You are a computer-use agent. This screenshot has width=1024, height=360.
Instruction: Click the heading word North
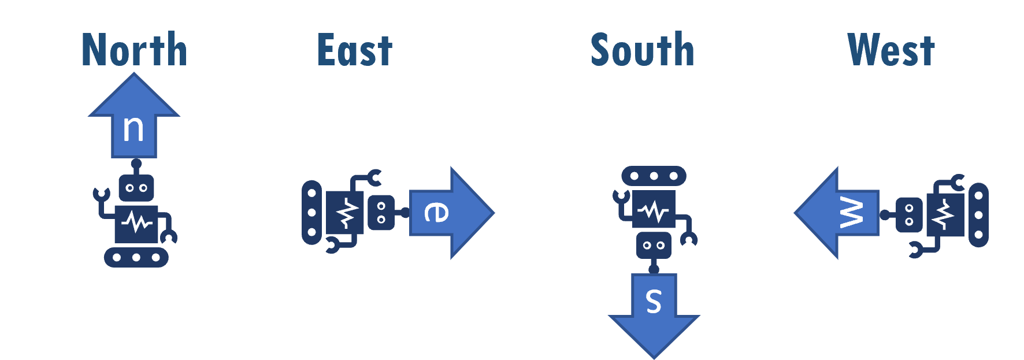134,50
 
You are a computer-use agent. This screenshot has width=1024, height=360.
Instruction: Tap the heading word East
355,50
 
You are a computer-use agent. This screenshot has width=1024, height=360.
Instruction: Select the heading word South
642,50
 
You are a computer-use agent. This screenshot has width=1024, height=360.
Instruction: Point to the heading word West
891,50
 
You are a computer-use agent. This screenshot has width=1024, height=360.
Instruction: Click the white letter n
133,129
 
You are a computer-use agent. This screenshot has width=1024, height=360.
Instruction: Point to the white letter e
436,212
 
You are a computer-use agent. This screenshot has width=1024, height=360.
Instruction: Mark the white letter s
654,301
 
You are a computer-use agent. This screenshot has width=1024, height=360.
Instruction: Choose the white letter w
851,212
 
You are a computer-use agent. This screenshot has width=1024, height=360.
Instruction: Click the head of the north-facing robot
136,188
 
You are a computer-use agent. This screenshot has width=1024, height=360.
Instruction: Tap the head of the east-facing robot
381,213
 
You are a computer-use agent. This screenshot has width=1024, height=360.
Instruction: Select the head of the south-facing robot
654,246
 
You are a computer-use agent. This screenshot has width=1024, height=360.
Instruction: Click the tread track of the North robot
136,257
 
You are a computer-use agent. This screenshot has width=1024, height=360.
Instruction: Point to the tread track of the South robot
654,176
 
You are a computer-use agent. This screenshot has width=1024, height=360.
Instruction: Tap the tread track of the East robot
311,213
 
